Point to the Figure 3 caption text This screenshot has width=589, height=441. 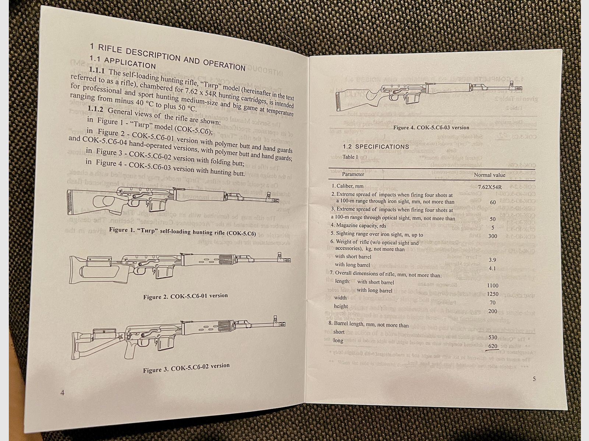click(x=186, y=368)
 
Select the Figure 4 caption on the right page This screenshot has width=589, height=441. click(x=431, y=128)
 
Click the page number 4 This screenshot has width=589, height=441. click(x=62, y=392)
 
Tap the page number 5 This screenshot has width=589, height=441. click(x=534, y=379)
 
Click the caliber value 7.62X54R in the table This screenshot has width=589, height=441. click(x=489, y=187)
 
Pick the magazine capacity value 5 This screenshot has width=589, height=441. click(x=493, y=227)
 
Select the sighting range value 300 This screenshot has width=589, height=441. click(x=492, y=236)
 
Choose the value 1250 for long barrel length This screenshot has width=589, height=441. click(x=492, y=294)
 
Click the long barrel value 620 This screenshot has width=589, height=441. click(x=493, y=346)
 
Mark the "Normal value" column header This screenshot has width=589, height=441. click(x=489, y=175)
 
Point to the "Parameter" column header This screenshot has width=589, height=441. click(x=353, y=174)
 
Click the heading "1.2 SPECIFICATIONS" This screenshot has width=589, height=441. click(x=376, y=147)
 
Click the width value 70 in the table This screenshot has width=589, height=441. click(x=492, y=303)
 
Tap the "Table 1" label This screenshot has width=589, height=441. click(x=350, y=157)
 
